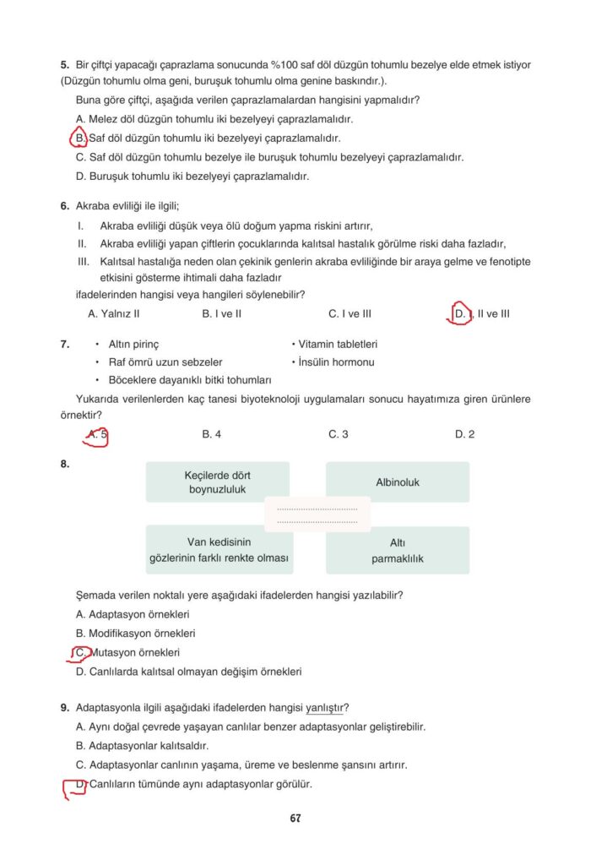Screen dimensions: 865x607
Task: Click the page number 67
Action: pos(295,818)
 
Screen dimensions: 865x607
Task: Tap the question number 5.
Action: pos(64,64)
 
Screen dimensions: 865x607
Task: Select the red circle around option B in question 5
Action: pos(78,138)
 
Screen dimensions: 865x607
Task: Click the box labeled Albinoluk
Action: pos(398,482)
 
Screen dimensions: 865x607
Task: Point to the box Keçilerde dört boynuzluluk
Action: pos(217,482)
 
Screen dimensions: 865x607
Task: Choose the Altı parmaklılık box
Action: pos(398,551)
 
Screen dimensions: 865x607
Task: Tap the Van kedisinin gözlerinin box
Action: pos(217,551)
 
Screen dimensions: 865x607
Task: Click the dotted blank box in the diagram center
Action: pos(317,514)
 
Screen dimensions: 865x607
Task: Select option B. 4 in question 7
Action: pos(212,434)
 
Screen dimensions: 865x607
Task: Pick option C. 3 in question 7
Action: pos(338,434)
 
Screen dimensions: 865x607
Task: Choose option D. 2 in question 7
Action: pos(464,434)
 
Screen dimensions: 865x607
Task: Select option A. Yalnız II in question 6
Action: pos(114,313)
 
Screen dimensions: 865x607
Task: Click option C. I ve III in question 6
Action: pos(350,313)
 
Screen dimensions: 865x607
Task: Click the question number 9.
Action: pos(64,707)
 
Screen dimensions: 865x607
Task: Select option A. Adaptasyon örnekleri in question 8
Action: pos(133,614)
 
